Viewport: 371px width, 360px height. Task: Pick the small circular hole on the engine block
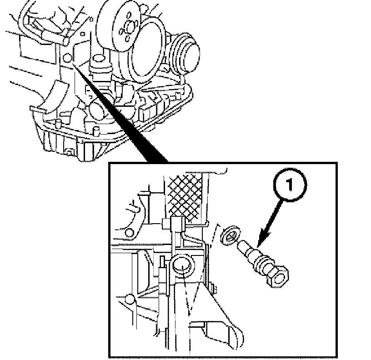(67, 58)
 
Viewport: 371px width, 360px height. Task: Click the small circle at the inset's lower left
(130, 299)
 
